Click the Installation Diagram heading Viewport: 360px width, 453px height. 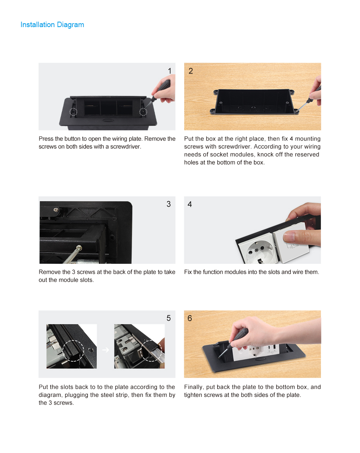52,25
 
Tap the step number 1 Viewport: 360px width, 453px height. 170,71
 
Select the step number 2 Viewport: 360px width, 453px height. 190,71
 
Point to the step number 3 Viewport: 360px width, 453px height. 168,204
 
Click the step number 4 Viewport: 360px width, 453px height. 190,204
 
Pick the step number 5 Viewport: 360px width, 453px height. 168,318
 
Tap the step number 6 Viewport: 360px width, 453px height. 190,318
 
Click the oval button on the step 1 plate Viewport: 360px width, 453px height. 108,120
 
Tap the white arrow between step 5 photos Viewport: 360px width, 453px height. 106,350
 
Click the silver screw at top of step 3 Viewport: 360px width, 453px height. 56,210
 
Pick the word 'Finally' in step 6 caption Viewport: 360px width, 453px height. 193,387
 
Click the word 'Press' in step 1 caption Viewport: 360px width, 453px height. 46,138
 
